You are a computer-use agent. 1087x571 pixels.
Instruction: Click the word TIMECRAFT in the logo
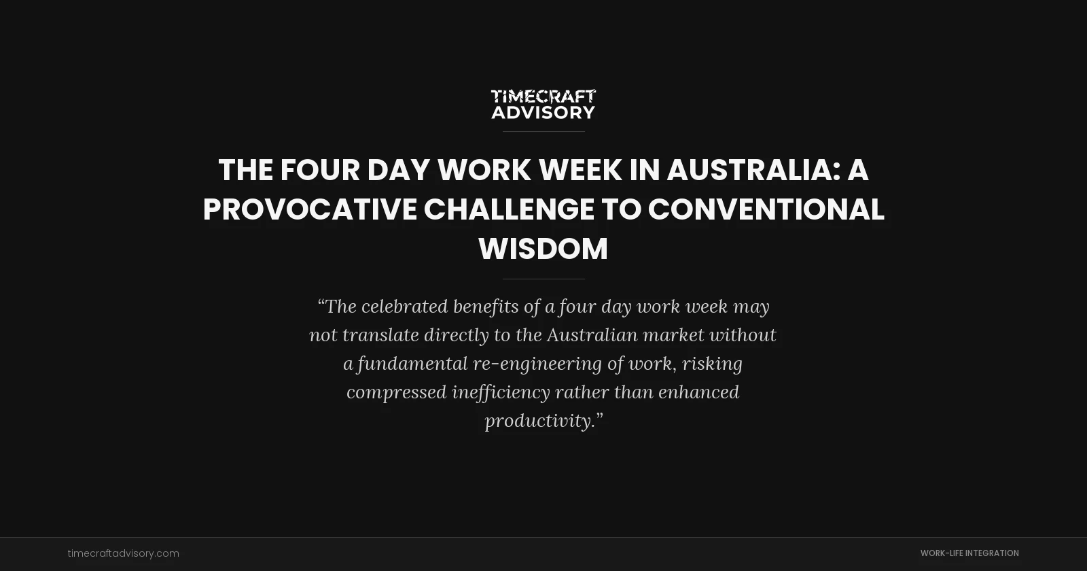[x=543, y=97]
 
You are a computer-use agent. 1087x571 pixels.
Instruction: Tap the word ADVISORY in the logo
[x=543, y=112]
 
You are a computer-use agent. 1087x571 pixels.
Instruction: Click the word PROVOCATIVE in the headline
[x=310, y=209]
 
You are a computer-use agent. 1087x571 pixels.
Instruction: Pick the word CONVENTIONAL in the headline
[x=766, y=209]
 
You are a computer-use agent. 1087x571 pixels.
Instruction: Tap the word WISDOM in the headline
[x=543, y=249]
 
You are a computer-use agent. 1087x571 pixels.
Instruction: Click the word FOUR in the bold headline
[x=320, y=170]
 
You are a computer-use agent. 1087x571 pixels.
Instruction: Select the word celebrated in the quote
[x=404, y=307]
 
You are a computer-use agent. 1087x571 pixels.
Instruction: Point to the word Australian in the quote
[x=592, y=335]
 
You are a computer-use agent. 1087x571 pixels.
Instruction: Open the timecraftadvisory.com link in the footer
[x=124, y=553]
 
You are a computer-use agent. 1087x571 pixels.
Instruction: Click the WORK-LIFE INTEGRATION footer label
[x=969, y=553]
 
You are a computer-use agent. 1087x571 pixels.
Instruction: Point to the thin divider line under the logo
[x=543, y=131]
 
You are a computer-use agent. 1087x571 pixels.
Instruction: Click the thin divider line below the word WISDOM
[x=543, y=279]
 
